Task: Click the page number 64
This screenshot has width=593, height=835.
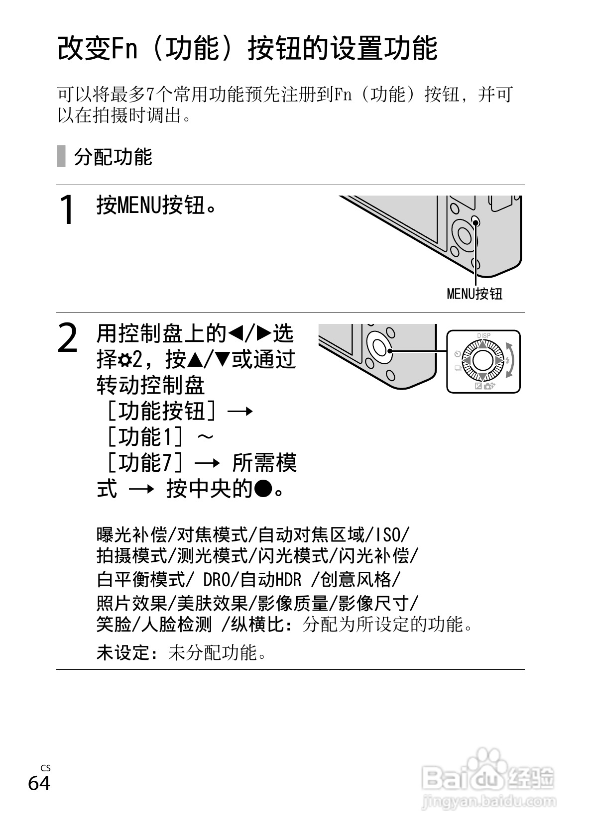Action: click(x=39, y=783)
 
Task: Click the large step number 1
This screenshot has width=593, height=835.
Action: click(x=67, y=210)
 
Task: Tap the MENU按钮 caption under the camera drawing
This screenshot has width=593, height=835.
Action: click(x=474, y=294)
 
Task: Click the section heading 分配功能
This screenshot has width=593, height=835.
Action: click(x=113, y=157)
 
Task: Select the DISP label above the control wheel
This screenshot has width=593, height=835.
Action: click(x=483, y=336)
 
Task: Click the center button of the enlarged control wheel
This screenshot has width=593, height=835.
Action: click(x=483, y=360)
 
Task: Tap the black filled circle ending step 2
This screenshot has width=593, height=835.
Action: click(x=263, y=489)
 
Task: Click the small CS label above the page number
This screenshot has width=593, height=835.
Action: click(x=45, y=768)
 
